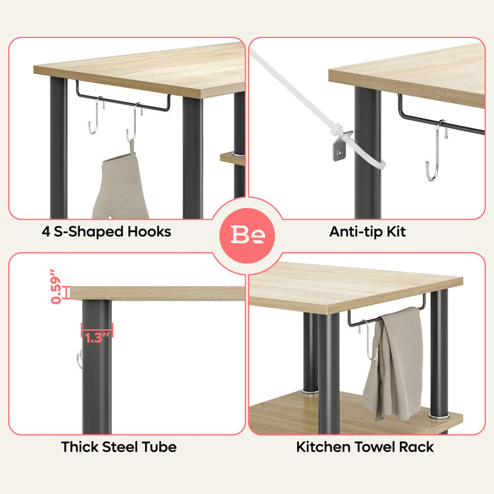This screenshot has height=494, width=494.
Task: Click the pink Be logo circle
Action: (x=247, y=236)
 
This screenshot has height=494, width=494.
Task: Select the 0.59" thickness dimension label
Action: (x=56, y=287)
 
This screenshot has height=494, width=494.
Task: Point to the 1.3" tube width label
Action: (x=97, y=338)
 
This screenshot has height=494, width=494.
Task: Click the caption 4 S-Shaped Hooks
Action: (x=107, y=232)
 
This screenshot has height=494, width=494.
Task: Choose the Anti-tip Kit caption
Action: (x=367, y=232)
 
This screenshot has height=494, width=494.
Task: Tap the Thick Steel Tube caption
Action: (x=119, y=447)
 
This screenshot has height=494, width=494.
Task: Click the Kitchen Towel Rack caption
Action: (x=365, y=447)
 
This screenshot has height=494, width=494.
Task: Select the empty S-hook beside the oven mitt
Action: (x=95, y=115)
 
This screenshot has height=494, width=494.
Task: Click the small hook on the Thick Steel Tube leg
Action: (x=79, y=359)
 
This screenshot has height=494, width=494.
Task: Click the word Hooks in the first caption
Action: (x=149, y=232)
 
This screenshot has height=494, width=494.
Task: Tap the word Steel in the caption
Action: (x=120, y=447)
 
